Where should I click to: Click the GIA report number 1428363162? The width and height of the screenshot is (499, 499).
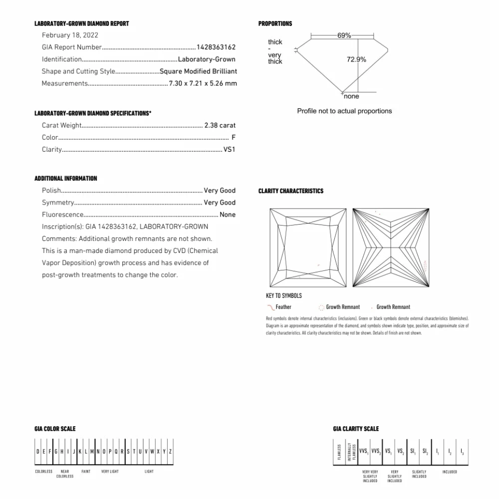tap(216, 47)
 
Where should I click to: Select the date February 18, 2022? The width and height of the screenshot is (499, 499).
tap(70, 35)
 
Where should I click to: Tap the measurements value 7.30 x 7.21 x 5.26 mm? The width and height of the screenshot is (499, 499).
tap(203, 84)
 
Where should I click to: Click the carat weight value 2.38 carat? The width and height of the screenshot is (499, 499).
tap(220, 126)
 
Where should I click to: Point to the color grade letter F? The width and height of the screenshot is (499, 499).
tap(234, 138)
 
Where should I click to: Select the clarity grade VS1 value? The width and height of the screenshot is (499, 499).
tap(230, 150)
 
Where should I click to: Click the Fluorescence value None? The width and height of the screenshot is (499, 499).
tap(228, 215)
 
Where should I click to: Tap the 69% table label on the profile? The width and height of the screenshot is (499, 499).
tap(344, 36)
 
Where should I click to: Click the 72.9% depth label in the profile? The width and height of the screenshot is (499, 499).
tap(356, 59)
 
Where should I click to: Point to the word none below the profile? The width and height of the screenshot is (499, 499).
tap(351, 96)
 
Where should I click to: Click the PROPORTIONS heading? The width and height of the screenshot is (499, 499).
tap(275, 24)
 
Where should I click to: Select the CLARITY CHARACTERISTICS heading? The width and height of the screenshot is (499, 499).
tap(291, 191)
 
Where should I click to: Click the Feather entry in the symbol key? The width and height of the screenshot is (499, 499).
tap(283, 307)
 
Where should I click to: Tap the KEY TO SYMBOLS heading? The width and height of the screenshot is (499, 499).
tap(284, 296)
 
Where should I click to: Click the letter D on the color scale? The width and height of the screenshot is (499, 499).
tap(37, 452)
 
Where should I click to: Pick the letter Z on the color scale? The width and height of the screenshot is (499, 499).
tap(171, 452)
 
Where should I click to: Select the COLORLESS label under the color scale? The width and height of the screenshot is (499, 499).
tap(44, 472)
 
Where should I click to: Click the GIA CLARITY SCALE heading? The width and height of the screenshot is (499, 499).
tap(356, 429)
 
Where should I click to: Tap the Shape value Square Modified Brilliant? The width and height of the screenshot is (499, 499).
tap(198, 72)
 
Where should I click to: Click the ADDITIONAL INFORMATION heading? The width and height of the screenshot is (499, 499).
tap(66, 179)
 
